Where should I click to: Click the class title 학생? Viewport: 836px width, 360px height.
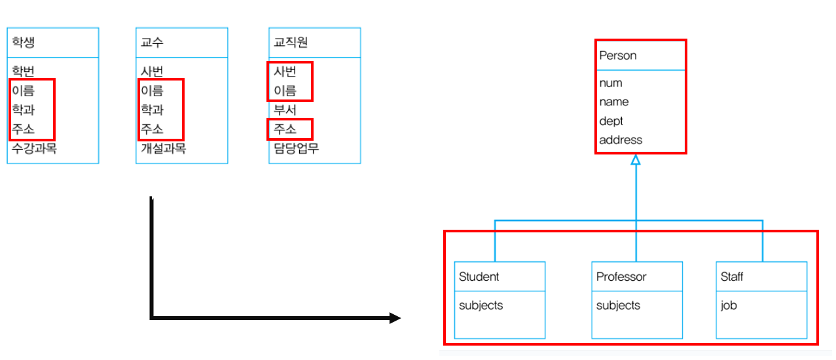pos(23,43)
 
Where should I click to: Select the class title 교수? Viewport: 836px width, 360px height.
pos(152,43)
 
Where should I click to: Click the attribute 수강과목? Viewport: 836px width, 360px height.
pos(34,149)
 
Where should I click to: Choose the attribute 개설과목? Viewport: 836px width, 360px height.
pos(163,149)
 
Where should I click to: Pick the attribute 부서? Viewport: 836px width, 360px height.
pos(285,110)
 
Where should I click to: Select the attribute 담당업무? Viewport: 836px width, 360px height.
pos(296,149)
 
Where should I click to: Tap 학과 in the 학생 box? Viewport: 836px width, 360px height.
pos(23,110)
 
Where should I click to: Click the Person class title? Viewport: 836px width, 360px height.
pos(617,56)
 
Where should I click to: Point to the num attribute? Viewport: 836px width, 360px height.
pos(610,83)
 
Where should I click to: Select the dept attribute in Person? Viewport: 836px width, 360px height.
pos(611,121)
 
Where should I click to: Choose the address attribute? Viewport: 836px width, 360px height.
pos(621,140)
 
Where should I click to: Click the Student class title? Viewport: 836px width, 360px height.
pos(479,277)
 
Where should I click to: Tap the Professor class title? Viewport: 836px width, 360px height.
pos(621,277)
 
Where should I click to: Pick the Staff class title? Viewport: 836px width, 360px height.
pos(731,277)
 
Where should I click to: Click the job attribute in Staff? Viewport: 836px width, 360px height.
pos(728,305)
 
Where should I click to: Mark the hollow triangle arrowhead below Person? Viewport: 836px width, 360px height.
pos(635,160)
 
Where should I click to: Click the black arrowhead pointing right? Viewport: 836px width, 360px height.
pos(395,318)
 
